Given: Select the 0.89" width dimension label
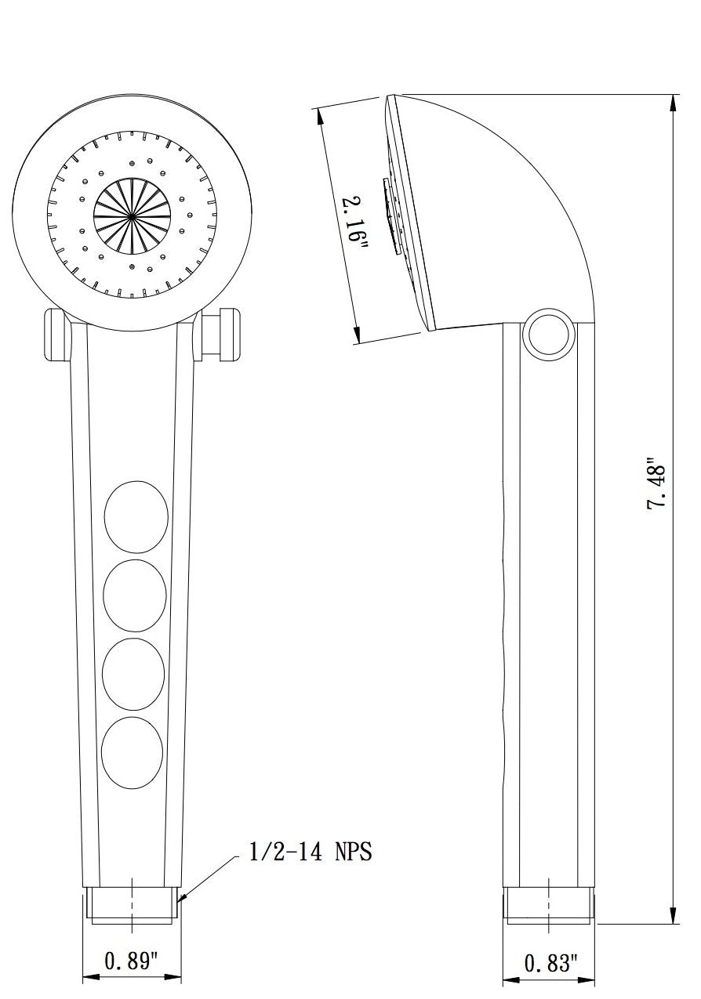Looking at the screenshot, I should coord(132,961).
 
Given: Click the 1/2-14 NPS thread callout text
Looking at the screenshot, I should coord(310,852).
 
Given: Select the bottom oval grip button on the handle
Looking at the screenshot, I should coord(133,752).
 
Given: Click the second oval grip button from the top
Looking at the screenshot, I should coord(135,595).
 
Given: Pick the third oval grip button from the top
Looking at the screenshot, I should coord(134,675).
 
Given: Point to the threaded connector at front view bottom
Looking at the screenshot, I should coord(132,903).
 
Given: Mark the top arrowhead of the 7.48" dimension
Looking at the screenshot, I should coord(673,102).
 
